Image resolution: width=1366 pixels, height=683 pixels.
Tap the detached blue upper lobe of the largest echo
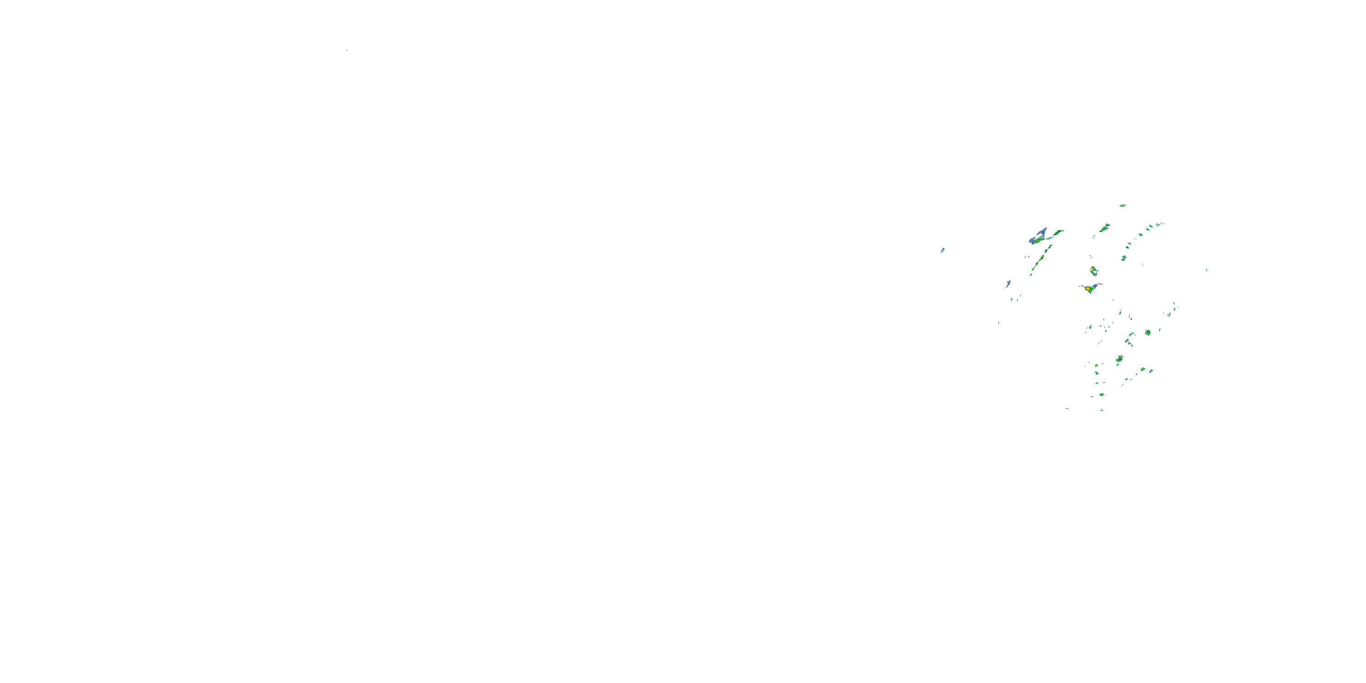(x=1043, y=232)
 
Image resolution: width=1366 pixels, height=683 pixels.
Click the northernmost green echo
(x=1122, y=205)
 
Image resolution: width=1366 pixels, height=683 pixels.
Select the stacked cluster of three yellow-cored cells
(x=1093, y=271)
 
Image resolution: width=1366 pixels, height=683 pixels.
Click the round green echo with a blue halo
(x=1147, y=332)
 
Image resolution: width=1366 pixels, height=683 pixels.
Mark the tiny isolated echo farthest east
(x=1207, y=270)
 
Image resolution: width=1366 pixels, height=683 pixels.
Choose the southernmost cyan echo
(x=1101, y=410)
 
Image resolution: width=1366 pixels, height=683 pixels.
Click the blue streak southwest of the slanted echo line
(x=1008, y=284)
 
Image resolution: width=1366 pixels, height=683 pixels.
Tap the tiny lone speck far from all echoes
(x=347, y=51)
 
